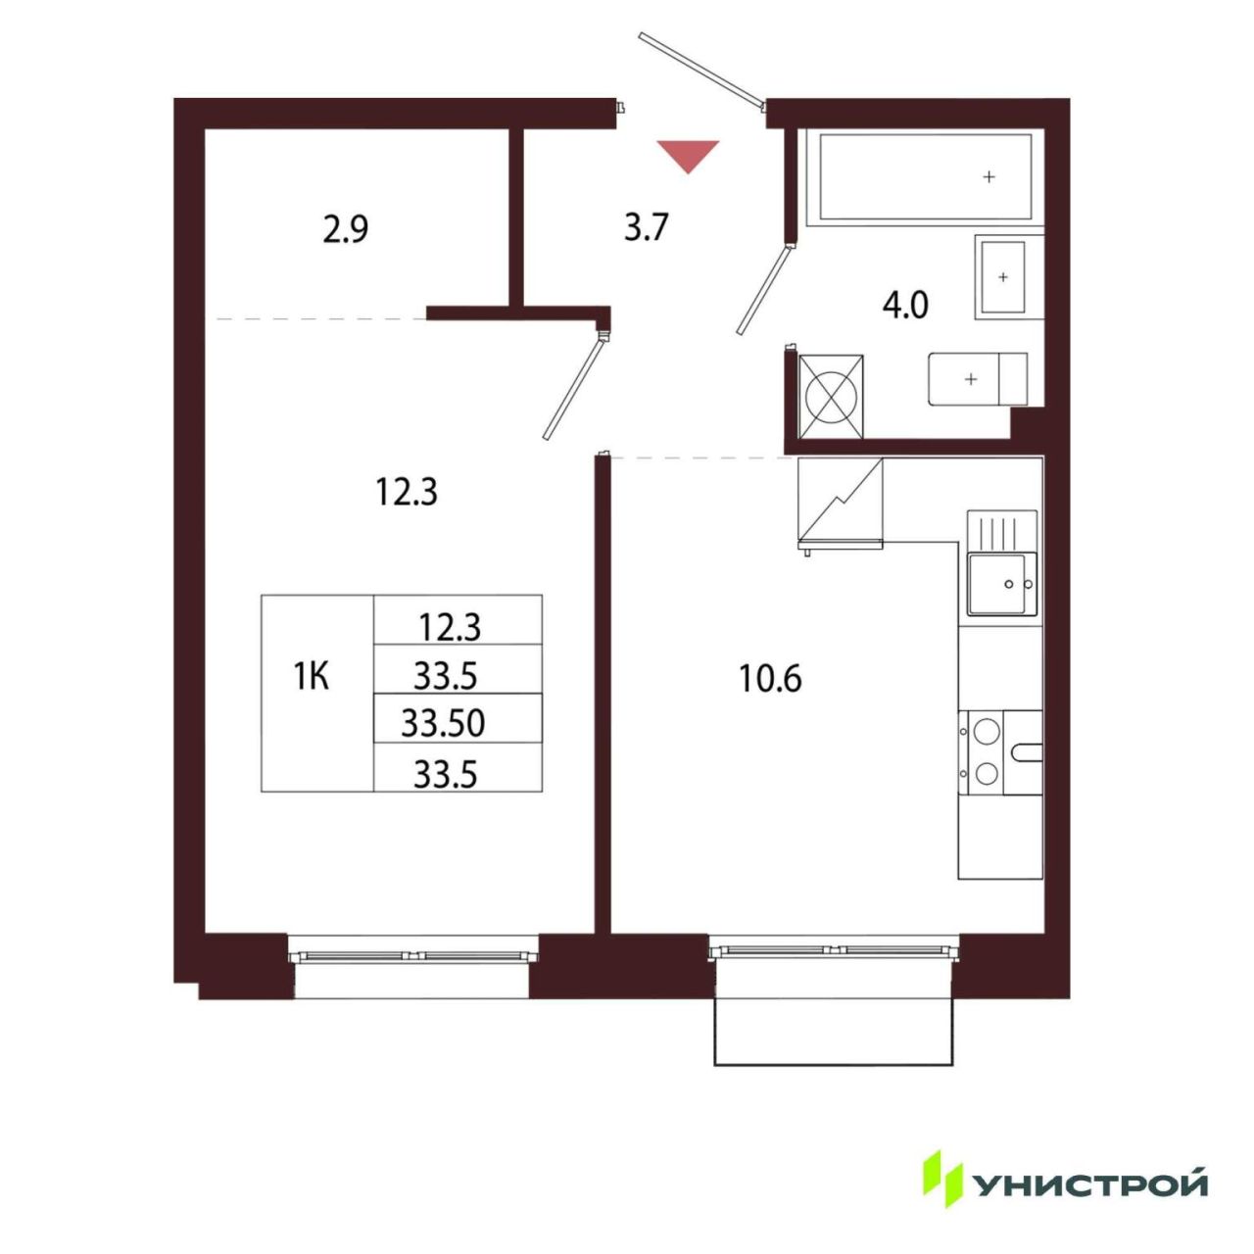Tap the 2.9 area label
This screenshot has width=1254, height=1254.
coord(346,229)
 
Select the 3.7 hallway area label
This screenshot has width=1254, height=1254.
coord(647,227)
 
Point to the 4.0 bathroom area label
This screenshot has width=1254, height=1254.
coord(904,306)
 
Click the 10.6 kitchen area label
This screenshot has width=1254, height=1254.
coord(770,680)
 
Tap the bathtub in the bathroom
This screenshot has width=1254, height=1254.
coord(925,177)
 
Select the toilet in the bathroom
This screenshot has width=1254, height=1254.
coord(978,379)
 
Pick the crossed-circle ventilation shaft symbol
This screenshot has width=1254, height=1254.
coord(830,397)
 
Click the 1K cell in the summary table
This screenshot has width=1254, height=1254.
coord(312,677)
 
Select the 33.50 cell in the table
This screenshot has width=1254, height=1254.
coord(443,723)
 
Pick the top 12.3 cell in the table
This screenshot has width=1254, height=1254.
coord(450,628)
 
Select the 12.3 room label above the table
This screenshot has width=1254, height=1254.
coord(407,492)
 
